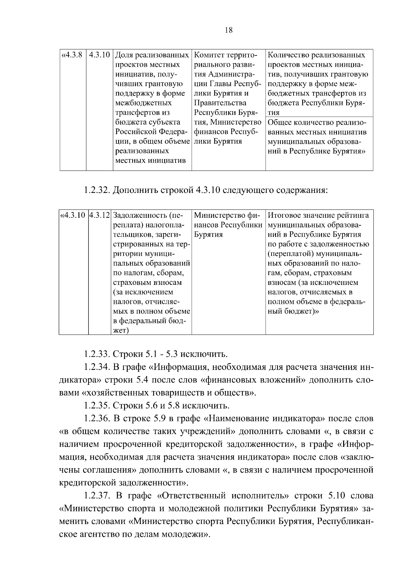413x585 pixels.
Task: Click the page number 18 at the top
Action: coord(229,30)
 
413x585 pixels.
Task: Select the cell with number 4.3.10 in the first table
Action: coord(99,55)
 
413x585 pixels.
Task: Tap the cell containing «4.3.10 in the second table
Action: coord(73,216)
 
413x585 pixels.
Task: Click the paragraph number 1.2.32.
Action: coord(97,190)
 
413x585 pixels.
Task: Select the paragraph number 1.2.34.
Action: coord(97,367)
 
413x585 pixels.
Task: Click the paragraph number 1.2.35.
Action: coord(97,406)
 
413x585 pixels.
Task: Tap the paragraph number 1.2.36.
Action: coord(97,419)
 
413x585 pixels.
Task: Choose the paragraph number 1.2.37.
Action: coord(97,496)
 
